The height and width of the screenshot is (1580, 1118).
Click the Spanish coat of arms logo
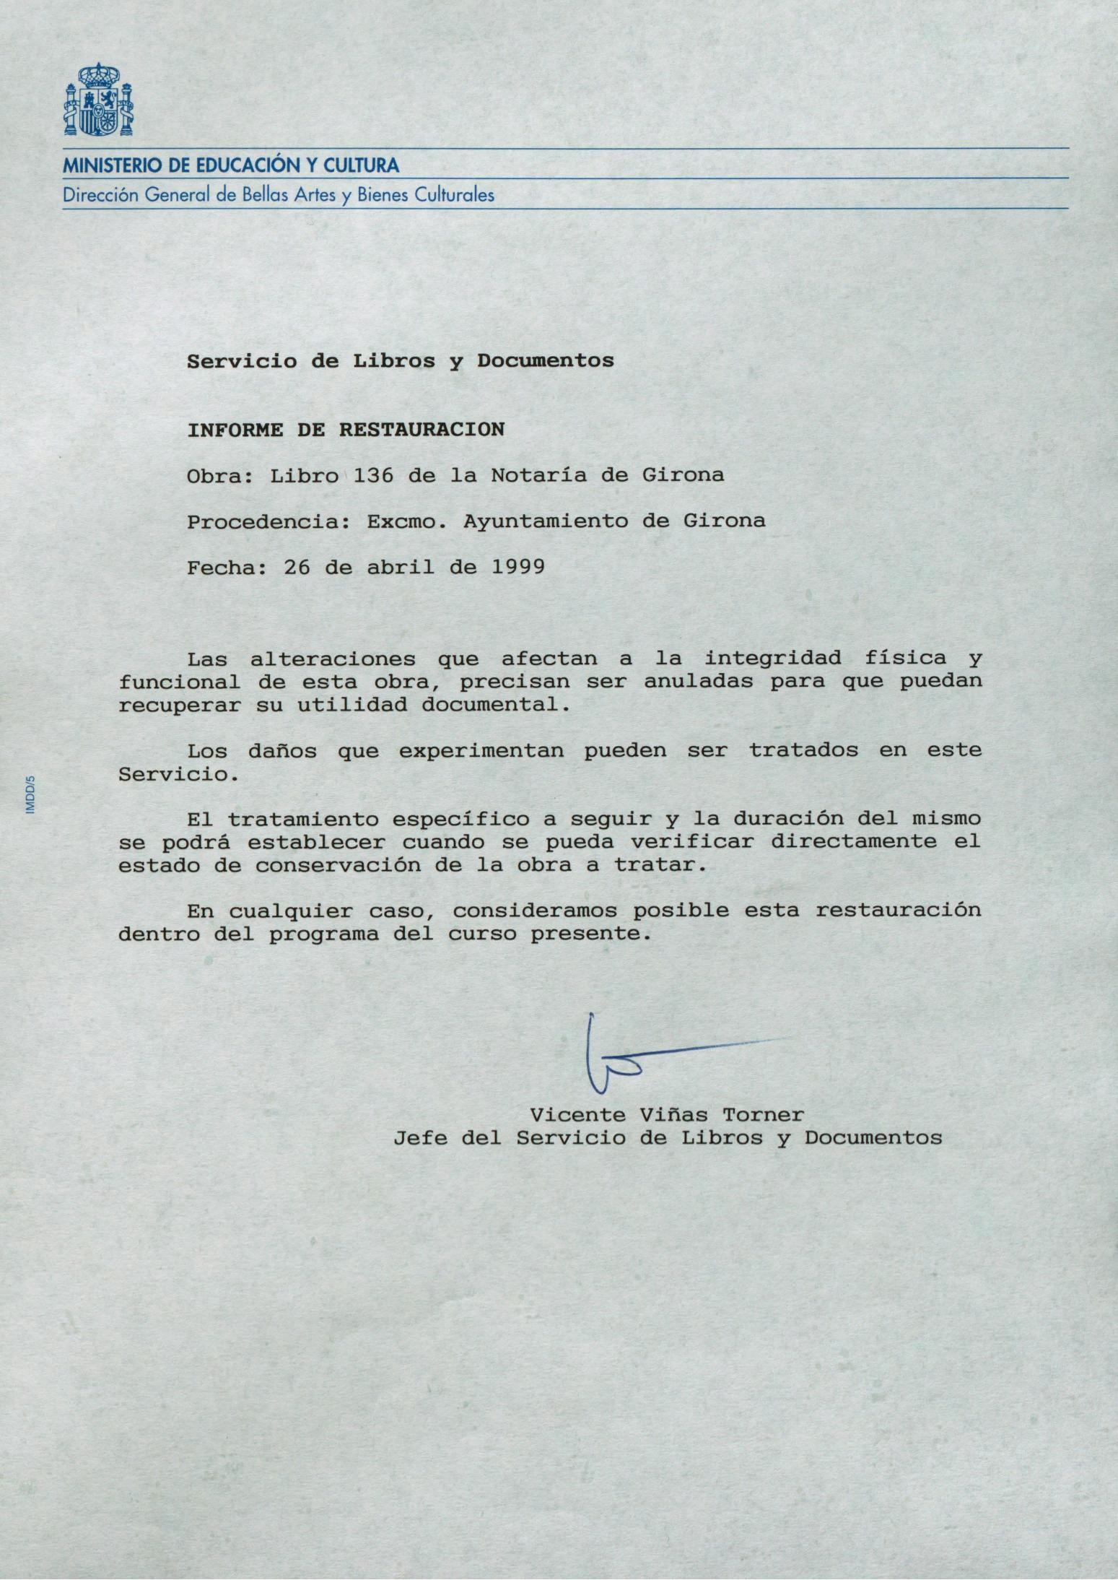(x=98, y=100)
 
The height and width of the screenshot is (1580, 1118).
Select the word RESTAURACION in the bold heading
(x=422, y=430)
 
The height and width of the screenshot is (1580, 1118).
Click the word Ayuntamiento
(x=546, y=521)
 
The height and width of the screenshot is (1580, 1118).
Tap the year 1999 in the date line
(x=517, y=567)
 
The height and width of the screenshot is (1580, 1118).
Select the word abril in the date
(x=401, y=567)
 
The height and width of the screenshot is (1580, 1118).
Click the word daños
(x=282, y=751)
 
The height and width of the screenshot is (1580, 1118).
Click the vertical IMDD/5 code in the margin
(x=30, y=795)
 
